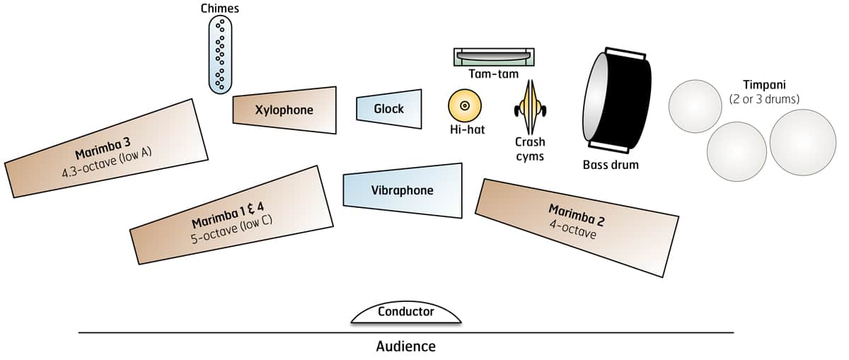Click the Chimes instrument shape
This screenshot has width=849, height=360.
pyautogui.click(x=221, y=55)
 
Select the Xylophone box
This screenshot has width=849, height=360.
pyautogui.click(x=284, y=110)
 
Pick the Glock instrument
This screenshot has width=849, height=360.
pyautogui.click(x=389, y=108)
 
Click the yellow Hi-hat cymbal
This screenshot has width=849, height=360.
pyautogui.click(x=465, y=105)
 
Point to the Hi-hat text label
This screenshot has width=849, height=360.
pyautogui.click(x=467, y=130)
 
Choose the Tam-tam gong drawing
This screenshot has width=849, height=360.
pyautogui.click(x=493, y=57)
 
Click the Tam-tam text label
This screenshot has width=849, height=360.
pyautogui.click(x=493, y=74)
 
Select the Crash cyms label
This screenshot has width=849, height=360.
pyautogui.click(x=530, y=149)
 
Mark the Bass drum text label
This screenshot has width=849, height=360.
pyautogui.click(x=611, y=165)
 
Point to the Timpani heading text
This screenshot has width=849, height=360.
pyautogui.click(x=763, y=83)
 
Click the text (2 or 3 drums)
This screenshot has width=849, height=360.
pyautogui.click(x=764, y=98)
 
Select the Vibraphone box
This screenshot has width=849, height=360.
pyautogui.click(x=402, y=190)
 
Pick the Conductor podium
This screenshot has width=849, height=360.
pyautogui.click(x=405, y=313)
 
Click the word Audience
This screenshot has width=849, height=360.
pyautogui.click(x=405, y=347)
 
